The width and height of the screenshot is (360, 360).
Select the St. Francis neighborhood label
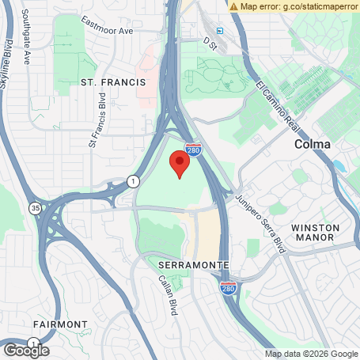point(113,81)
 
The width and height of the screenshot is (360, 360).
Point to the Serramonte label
point(194,263)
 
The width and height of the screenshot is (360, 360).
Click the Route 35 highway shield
point(36,209)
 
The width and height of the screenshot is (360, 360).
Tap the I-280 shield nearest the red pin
point(193,148)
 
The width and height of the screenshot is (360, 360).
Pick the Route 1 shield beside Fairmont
point(33,342)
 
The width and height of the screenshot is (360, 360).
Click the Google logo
point(26,350)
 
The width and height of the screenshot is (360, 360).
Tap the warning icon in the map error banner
point(233,6)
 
